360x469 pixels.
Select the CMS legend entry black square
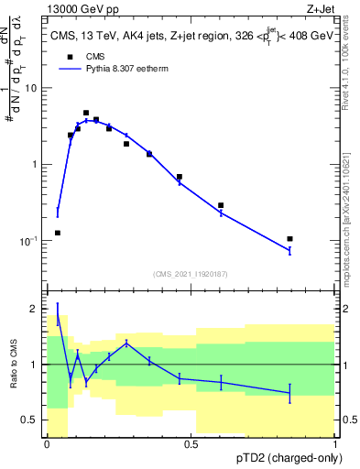pyautogui.click(x=70, y=56)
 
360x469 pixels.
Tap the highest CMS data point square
pyautogui.click(x=86, y=113)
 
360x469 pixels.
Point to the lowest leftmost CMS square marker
pyautogui.click(x=58, y=233)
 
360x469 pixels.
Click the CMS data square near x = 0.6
pyautogui.click(x=221, y=205)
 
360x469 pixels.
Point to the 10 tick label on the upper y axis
pyautogui.click(x=31, y=88)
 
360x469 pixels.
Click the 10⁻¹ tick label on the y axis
pyautogui.click(x=29, y=241)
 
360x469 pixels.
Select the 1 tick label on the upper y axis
pyautogui.click(x=35, y=164)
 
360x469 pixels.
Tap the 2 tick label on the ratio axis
pyautogui.click(x=36, y=310)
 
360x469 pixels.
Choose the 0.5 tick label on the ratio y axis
pyautogui.click(x=32, y=420)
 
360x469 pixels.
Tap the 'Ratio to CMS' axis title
pyautogui.click(x=12, y=365)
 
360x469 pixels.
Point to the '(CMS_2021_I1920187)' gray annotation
pyautogui.click(x=191, y=273)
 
